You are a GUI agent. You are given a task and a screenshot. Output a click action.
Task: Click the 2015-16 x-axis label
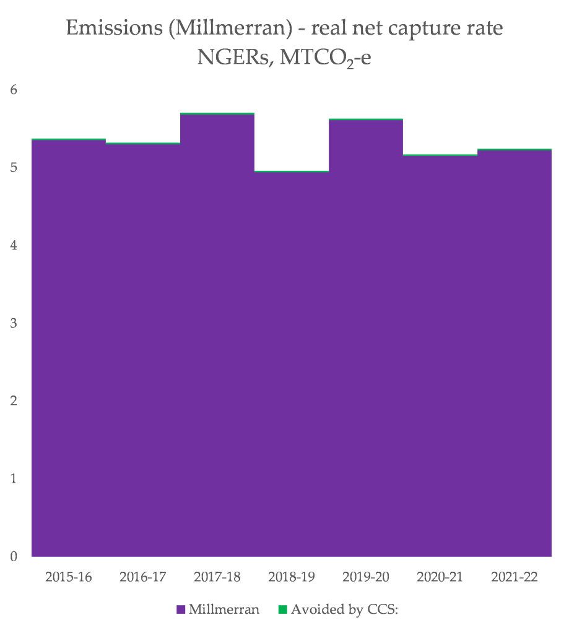(69, 577)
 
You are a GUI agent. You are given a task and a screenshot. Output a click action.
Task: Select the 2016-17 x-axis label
(143, 577)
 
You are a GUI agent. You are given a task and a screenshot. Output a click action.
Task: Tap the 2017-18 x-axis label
(217, 577)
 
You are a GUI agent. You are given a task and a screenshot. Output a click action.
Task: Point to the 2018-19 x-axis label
(292, 577)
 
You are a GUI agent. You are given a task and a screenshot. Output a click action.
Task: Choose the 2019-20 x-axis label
(366, 577)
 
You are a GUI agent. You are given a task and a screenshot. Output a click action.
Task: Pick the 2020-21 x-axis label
(440, 577)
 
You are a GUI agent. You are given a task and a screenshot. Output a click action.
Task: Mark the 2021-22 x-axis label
(515, 577)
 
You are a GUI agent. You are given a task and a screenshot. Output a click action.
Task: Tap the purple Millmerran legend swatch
(181, 609)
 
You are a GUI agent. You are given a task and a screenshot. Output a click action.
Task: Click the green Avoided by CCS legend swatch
(283, 609)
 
